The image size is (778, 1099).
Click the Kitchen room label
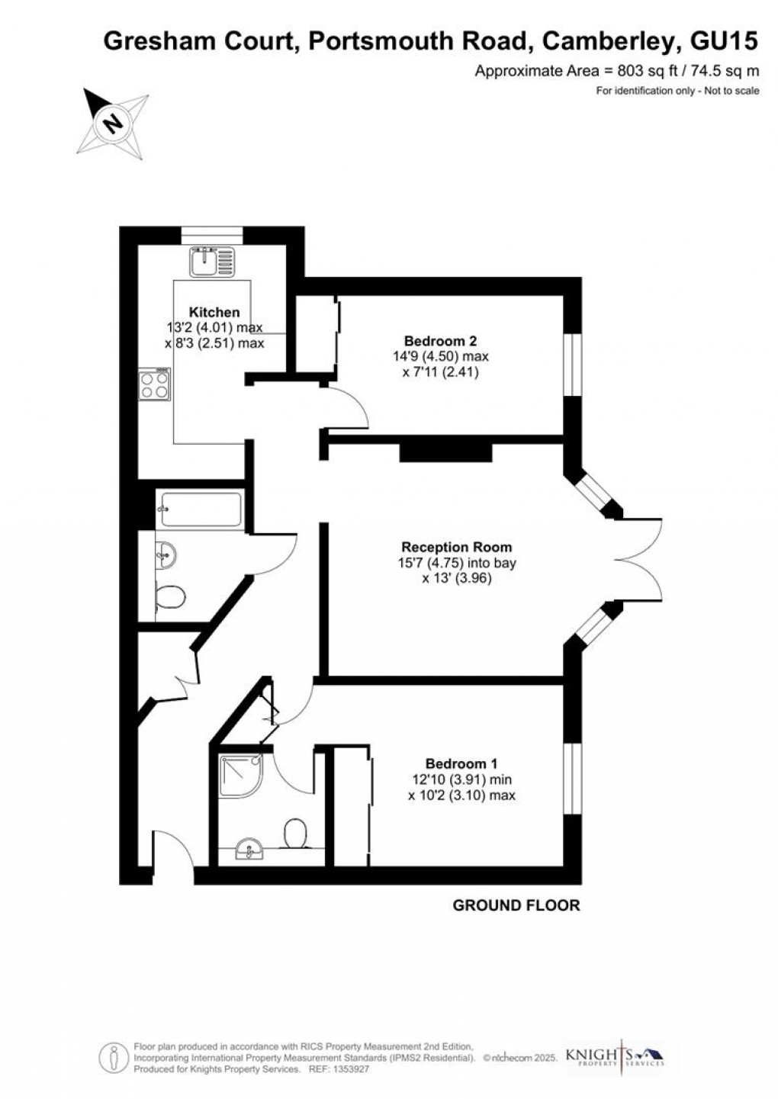click(214, 312)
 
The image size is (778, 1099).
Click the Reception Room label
click(456, 547)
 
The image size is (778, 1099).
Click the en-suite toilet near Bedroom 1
click(295, 833)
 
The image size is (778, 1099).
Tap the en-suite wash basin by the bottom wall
click(249, 850)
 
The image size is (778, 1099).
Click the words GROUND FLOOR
click(516, 905)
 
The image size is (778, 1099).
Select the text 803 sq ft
click(603, 72)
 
